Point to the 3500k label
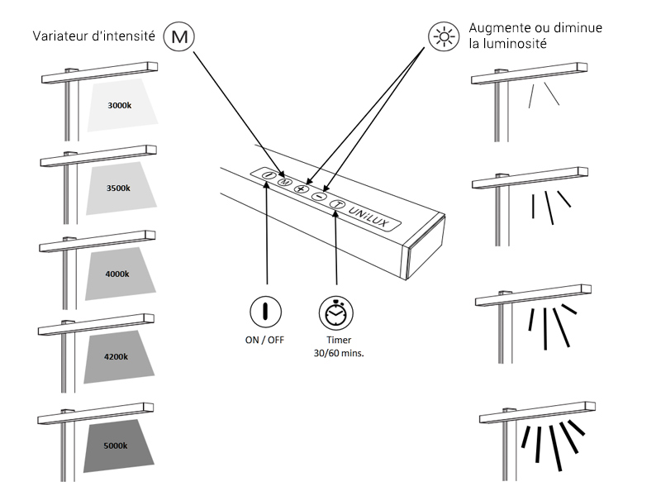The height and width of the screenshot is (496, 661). point(118,188)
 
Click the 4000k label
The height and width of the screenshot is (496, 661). point(118,274)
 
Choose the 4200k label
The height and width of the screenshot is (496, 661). point(117,357)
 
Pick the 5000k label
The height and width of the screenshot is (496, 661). point(116,446)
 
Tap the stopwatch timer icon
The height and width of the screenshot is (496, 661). point(335,313)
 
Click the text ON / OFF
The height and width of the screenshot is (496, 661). point(265,340)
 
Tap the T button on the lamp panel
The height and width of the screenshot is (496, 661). point(336,204)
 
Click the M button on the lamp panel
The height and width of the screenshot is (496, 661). point(284,182)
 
